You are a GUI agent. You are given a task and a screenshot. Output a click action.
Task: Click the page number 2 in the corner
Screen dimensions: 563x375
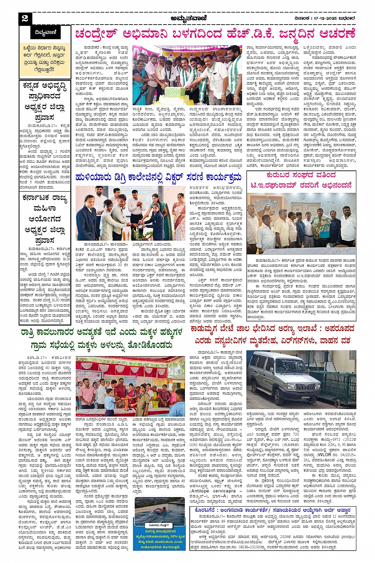25,18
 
